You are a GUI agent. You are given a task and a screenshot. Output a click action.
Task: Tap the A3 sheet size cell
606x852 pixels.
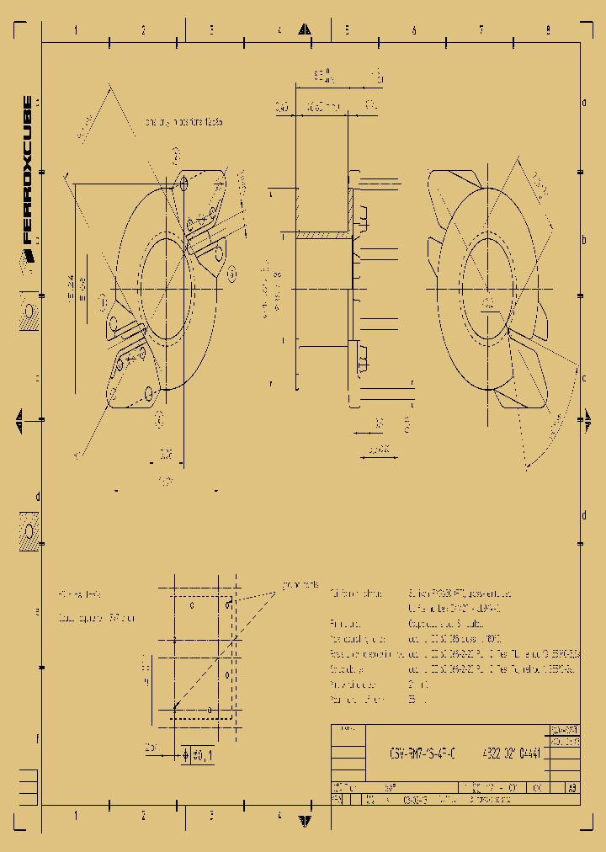tap(572, 789)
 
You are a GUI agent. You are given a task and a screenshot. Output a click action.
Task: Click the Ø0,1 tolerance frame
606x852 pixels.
tap(198, 755)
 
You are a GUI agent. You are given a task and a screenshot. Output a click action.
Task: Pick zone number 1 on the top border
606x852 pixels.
tap(76, 30)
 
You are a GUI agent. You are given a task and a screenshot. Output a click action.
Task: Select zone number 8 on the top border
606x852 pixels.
tap(548, 30)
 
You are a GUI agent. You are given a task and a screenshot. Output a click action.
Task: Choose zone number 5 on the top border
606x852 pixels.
tap(346, 30)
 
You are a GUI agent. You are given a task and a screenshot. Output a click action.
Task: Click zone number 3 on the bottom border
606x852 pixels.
tap(211, 815)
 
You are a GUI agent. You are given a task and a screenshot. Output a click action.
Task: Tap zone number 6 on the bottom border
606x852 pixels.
tap(413, 815)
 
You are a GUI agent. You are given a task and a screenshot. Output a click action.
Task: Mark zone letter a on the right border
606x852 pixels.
tap(584, 104)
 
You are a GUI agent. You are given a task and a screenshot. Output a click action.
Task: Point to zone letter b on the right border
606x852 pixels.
tap(584, 240)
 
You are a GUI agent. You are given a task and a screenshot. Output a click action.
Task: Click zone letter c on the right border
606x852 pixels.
tap(584, 377)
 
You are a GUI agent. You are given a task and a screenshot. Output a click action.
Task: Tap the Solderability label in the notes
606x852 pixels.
tap(352, 669)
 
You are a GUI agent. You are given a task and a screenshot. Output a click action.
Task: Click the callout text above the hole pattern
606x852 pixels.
tap(299, 583)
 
